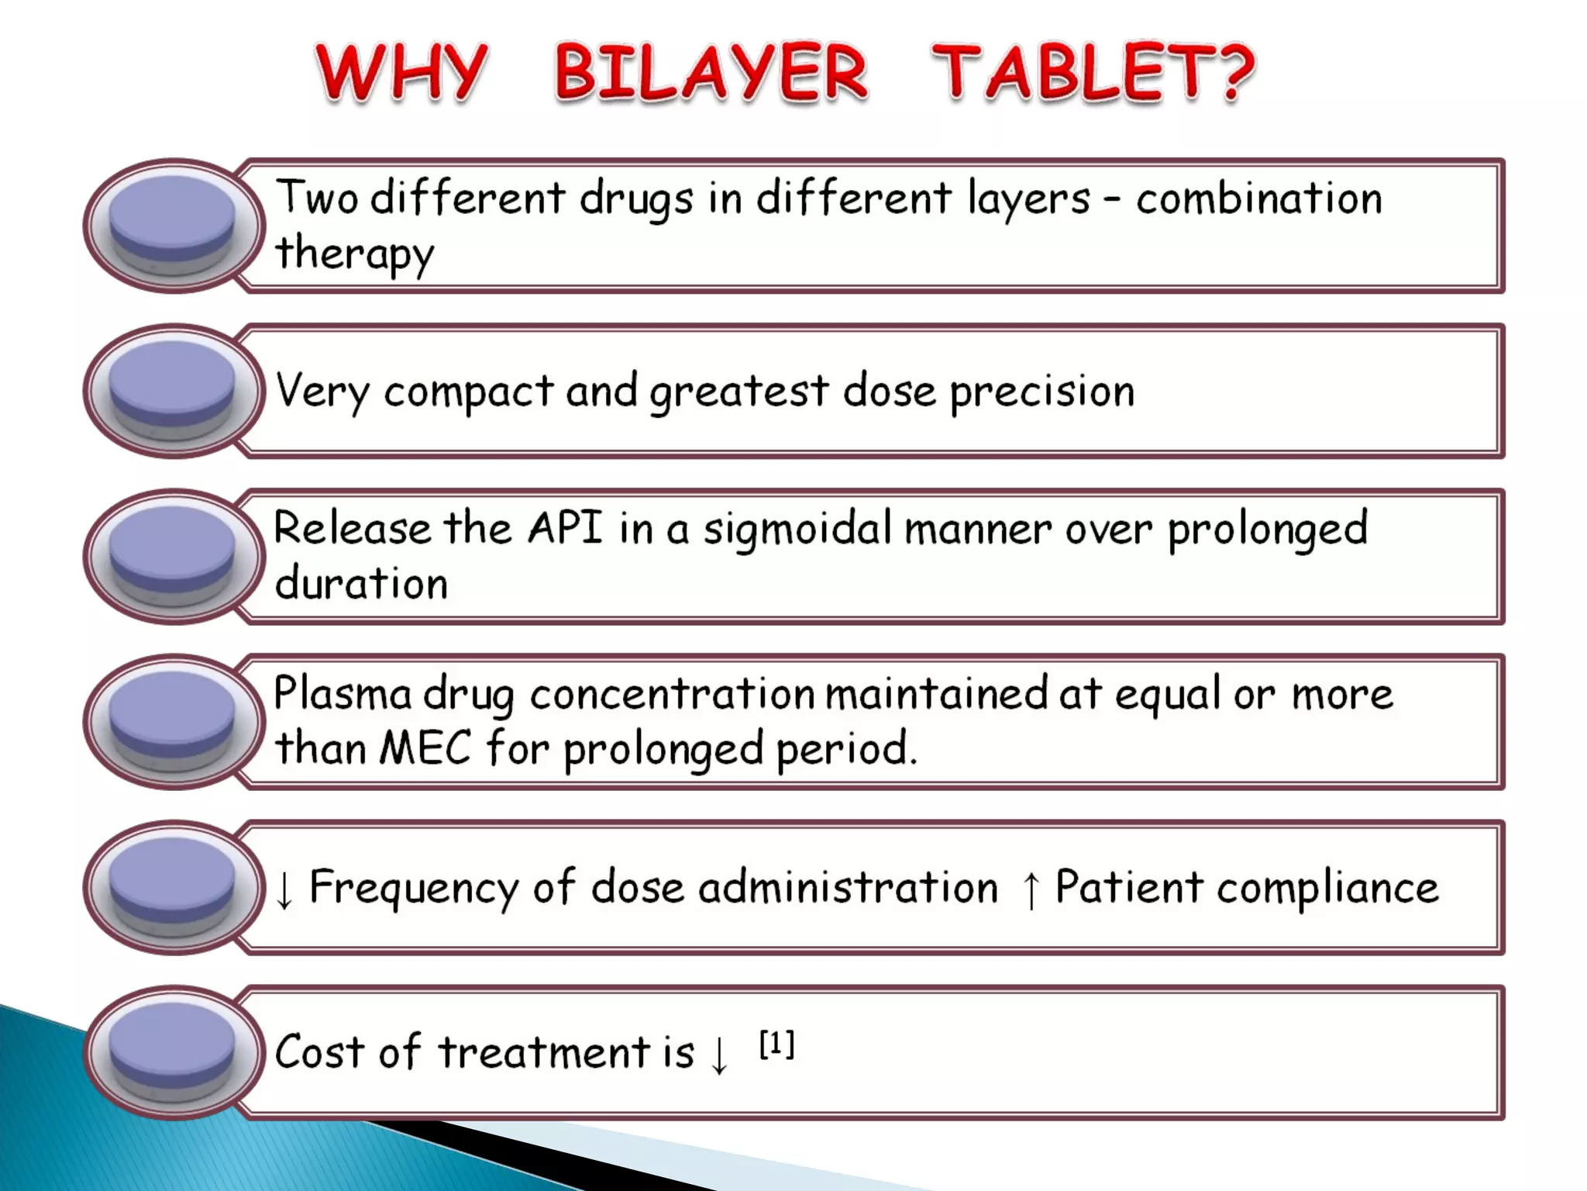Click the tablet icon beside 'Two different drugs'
point(173,225)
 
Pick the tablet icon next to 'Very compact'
point(173,390)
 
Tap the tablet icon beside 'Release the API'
point(173,555)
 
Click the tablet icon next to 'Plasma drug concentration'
point(173,721)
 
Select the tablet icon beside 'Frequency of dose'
point(173,887)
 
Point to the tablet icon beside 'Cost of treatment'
point(173,1052)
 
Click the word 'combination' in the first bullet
point(1259,198)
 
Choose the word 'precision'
point(1042,392)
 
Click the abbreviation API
point(565,529)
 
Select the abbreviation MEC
point(425,749)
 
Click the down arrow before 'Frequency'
point(284,889)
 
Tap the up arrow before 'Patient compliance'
point(1031,889)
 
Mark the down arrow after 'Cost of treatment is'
point(720,1055)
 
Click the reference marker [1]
point(776,1044)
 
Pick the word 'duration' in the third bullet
point(362,584)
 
